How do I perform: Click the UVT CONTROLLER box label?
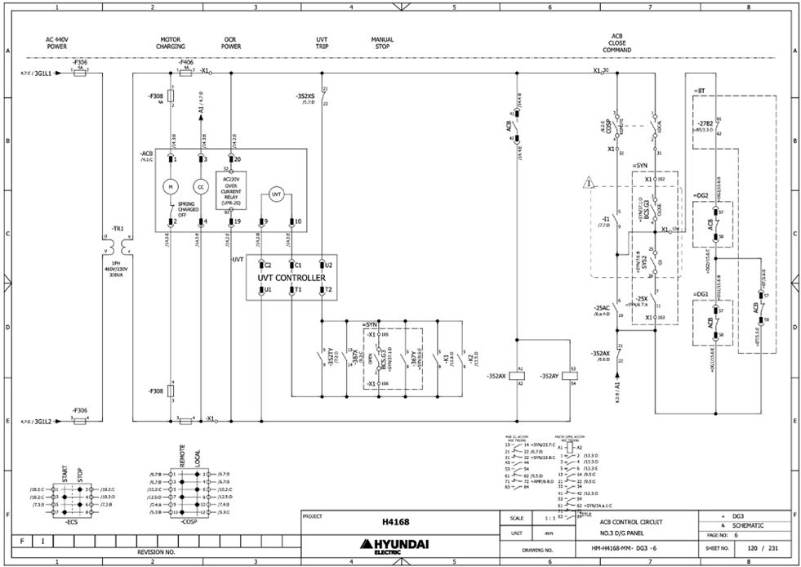point(291,278)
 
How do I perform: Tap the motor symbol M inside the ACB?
point(171,186)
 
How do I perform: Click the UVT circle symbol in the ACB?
point(277,194)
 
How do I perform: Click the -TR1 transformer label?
point(117,229)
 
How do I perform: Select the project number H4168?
point(394,521)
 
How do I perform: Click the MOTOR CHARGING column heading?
point(171,42)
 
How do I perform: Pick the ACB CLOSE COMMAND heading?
point(617,43)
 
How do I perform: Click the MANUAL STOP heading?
point(382,42)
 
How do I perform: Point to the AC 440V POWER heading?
point(57,42)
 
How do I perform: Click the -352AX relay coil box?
point(521,376)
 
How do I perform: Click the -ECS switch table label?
point(72,520)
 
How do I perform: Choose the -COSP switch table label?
point(189,520)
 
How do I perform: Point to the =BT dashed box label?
point(698,89)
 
